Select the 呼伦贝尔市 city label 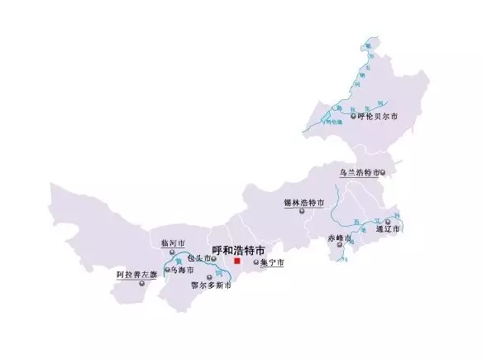click(378, 118)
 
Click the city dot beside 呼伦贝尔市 click(353, 118)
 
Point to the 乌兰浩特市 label click(359, 173)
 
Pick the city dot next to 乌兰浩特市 click(383, 173)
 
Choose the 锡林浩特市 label click(303, 202)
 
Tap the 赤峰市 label click(339, 239)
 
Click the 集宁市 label click(272, 263)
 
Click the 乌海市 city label click(181, 271)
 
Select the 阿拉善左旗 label click(136, 274)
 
